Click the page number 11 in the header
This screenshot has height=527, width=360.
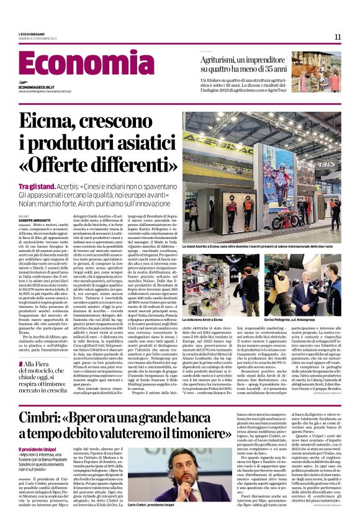(338, 37)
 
